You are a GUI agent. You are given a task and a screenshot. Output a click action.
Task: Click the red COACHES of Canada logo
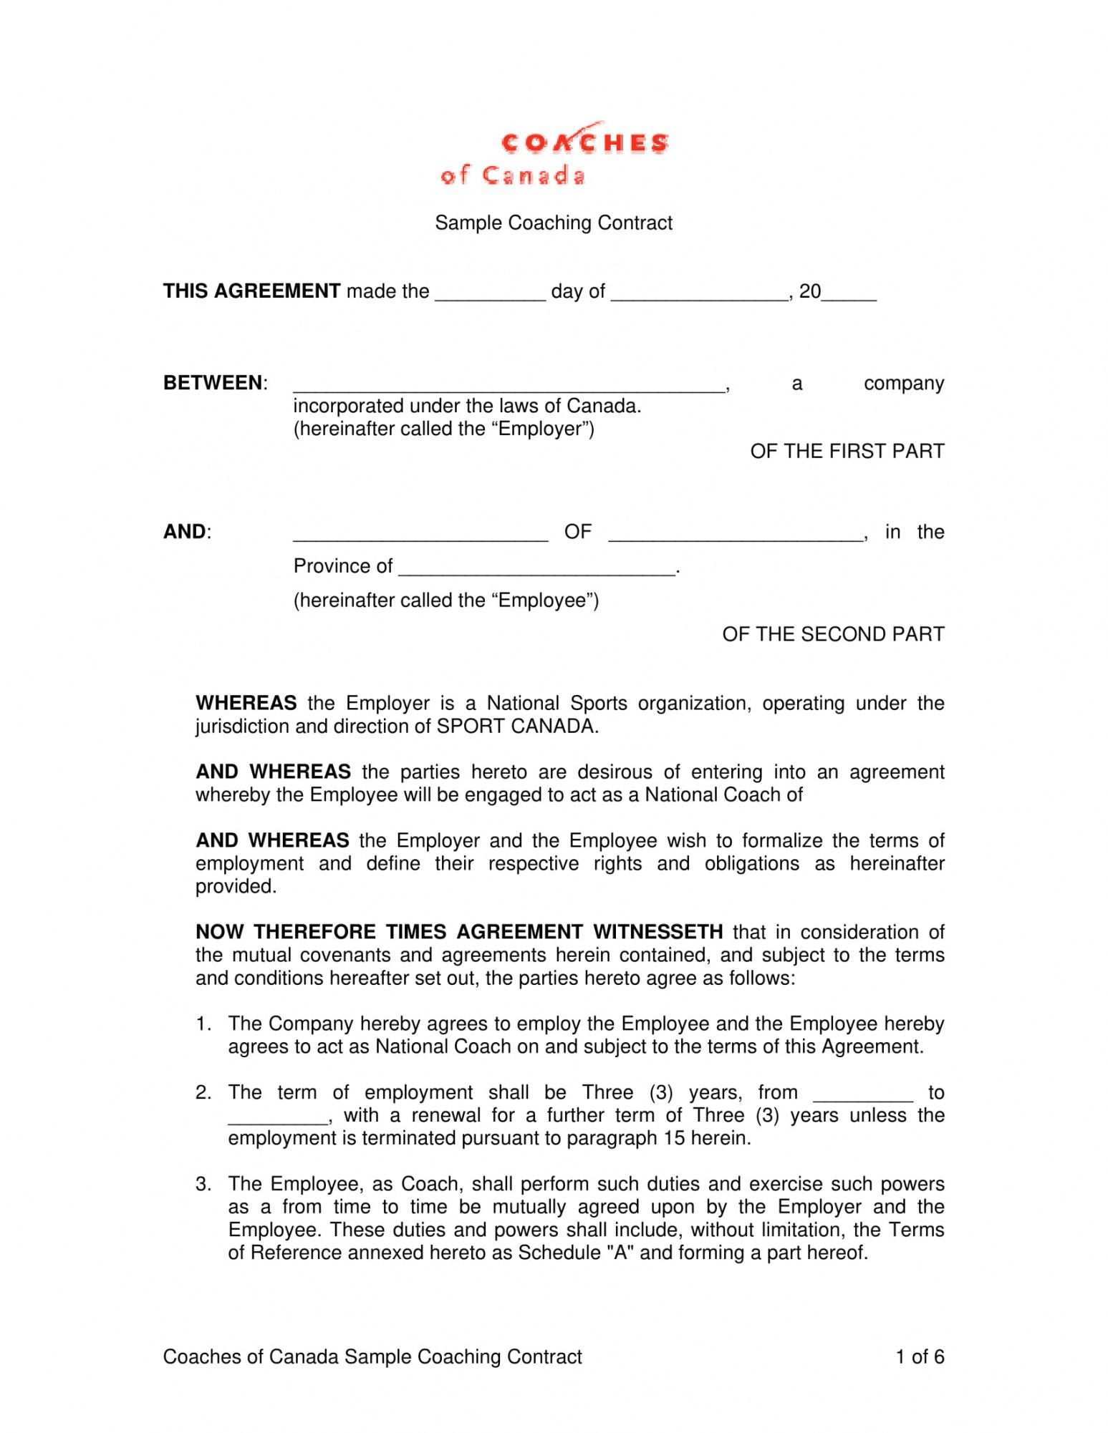click(554, 154)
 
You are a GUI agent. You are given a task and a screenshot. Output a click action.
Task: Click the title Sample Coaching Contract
click(554, 223)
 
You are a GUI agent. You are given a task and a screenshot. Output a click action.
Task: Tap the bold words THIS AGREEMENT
click(251, 291)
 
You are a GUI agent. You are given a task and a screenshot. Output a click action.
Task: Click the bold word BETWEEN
click(213, 383)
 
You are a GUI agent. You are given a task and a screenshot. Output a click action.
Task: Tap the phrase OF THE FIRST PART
click(847, 452)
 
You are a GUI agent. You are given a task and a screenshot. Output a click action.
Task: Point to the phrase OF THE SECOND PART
click(833, 635)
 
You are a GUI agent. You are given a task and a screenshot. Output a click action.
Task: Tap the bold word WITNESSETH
click(657, 932)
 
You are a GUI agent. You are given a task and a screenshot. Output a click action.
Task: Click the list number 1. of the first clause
click(203, 1024)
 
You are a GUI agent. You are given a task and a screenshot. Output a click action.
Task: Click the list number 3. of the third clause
click(203, 1185)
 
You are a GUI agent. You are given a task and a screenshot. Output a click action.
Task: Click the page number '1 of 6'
click(920, 1357)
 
